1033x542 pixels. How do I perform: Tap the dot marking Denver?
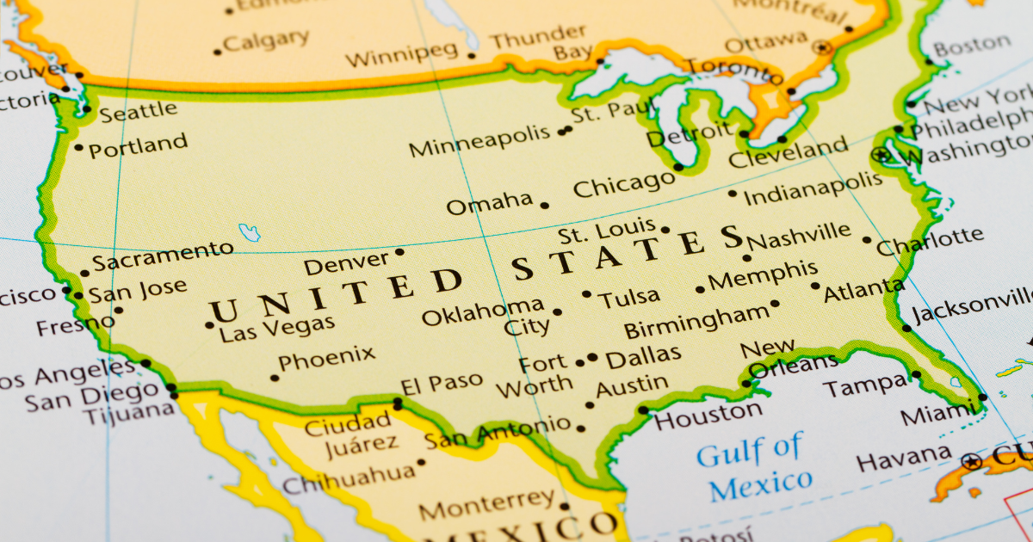(399, 252)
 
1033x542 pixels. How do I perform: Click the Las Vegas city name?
(276, 328)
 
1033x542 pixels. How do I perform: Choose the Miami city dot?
(982, 397)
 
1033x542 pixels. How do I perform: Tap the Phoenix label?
(327, 356)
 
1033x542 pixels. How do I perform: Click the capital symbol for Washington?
(880, 156)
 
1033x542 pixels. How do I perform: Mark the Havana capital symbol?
(972, 460)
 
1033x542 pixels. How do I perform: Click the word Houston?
(708, 416)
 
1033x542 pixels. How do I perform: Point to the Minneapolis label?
(479, 141)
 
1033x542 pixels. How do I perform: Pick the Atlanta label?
(863, 290)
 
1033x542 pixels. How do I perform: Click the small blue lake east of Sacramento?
(250, 232)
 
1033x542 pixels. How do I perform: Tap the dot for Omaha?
(544, 205)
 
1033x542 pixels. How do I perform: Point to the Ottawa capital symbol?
(824, 47)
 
